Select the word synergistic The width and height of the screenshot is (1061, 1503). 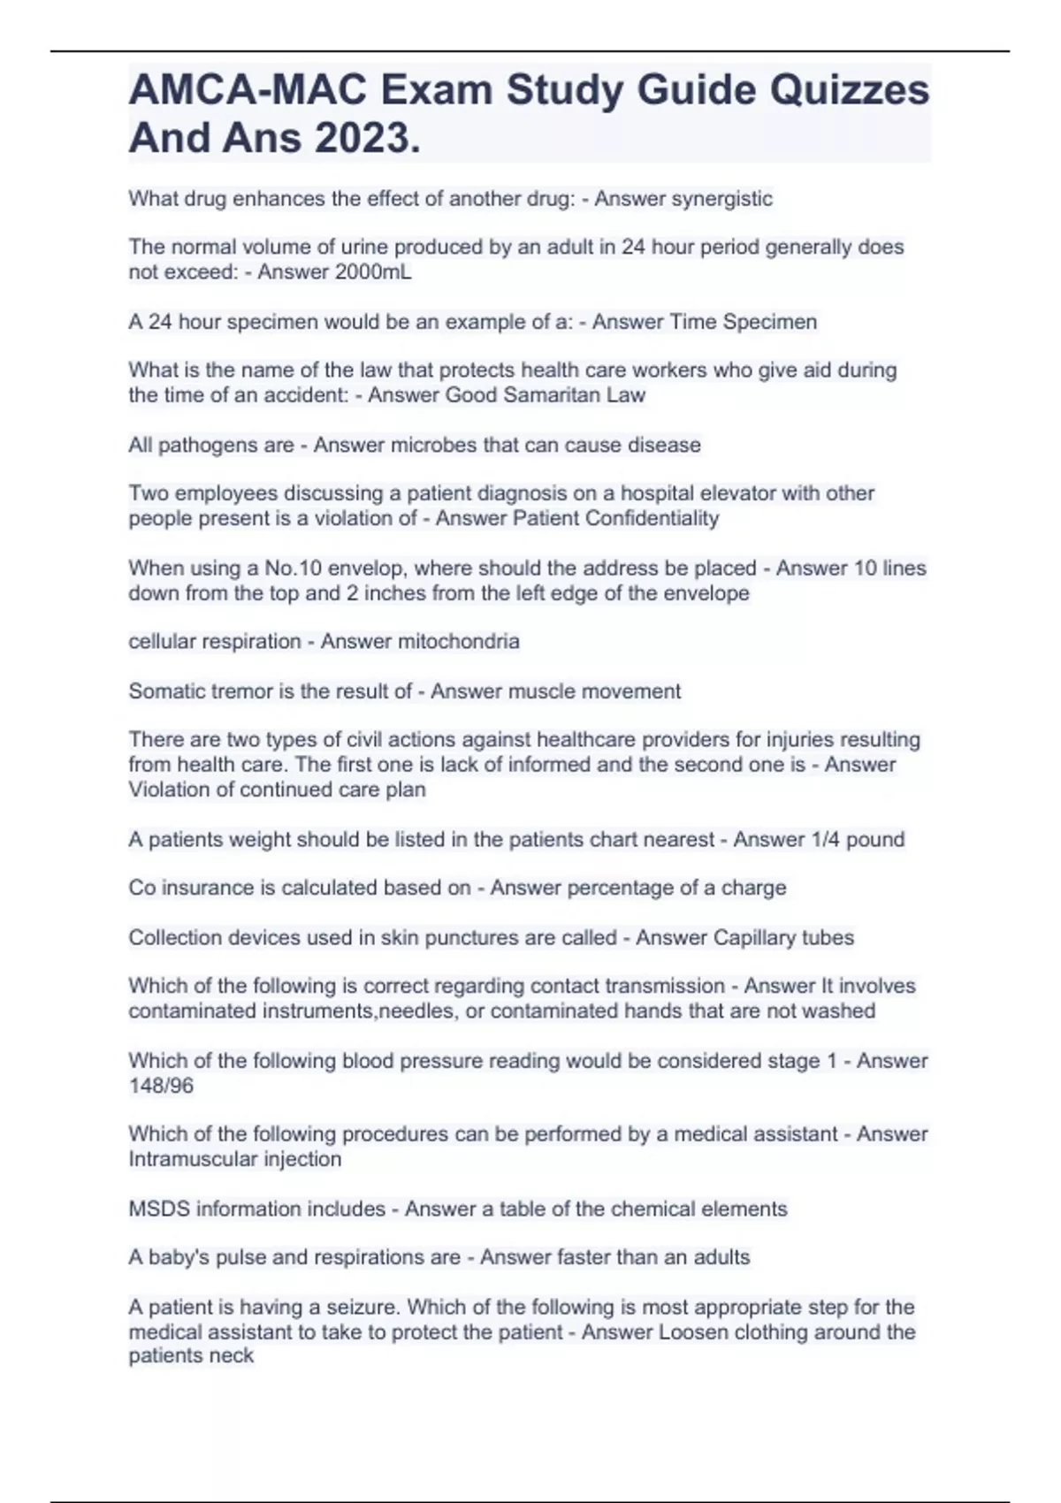[721, 199]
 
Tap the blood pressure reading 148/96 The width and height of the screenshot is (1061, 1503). [161, 1086]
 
